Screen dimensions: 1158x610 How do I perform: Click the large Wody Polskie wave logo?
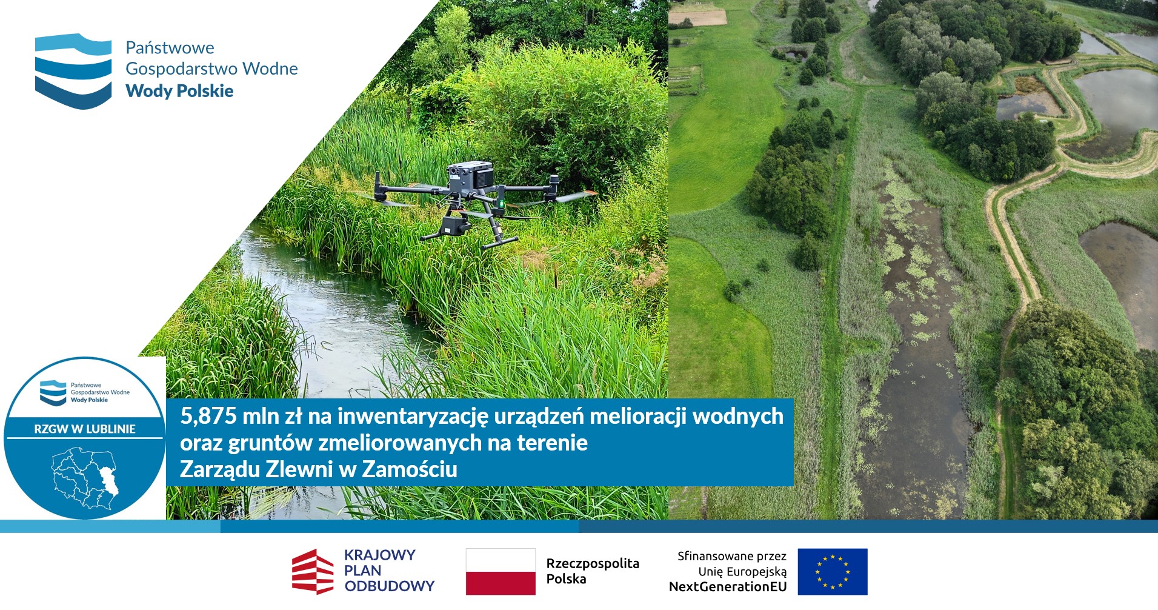pos(73,71)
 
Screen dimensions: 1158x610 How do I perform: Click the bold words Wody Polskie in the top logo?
pos(179,91)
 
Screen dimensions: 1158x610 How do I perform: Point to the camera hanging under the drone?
pos(453,225)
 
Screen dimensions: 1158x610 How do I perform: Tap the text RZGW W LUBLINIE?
pos(85,429)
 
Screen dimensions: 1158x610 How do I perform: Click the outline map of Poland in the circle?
pos(85,477)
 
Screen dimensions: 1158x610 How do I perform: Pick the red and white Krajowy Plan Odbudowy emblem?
pos(313,572)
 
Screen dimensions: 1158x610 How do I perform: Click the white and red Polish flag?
pos(501,572)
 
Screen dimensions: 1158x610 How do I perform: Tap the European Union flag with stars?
pos(833,572)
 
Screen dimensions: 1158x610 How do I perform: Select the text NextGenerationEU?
pos(728,587)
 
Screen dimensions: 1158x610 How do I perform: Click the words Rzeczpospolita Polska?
pos(593,571)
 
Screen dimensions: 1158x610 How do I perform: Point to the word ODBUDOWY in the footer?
pos(390,586)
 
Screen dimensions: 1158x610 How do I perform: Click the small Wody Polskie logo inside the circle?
pos(53,392)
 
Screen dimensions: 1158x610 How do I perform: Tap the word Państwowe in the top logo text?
pos(170,48)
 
